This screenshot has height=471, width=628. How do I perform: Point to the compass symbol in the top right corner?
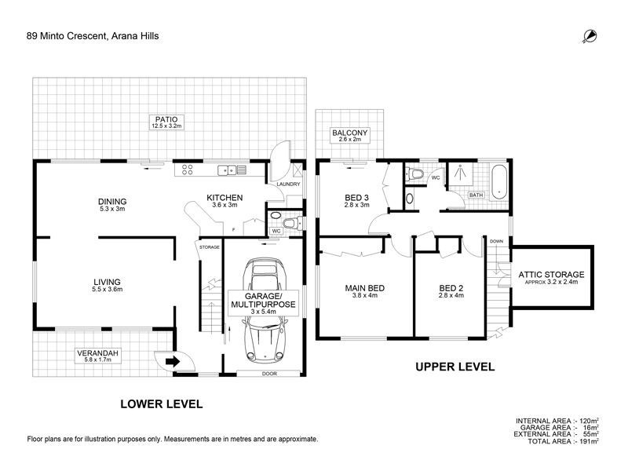588,35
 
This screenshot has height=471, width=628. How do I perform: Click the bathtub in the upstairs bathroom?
499,181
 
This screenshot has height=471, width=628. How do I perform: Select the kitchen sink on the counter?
231,168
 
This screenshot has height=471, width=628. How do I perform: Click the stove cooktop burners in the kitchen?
188,168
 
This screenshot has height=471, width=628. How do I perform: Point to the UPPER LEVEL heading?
454,367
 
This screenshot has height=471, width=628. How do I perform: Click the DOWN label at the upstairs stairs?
496,242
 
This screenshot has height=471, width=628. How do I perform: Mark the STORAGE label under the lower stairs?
209,246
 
